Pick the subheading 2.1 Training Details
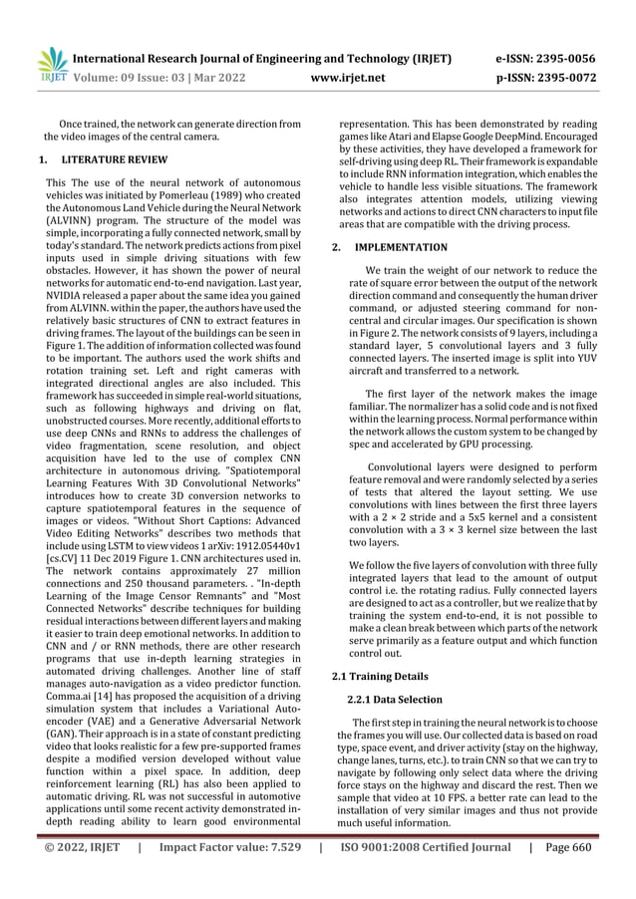click(379, 677)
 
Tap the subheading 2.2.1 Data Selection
click(394, 700)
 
